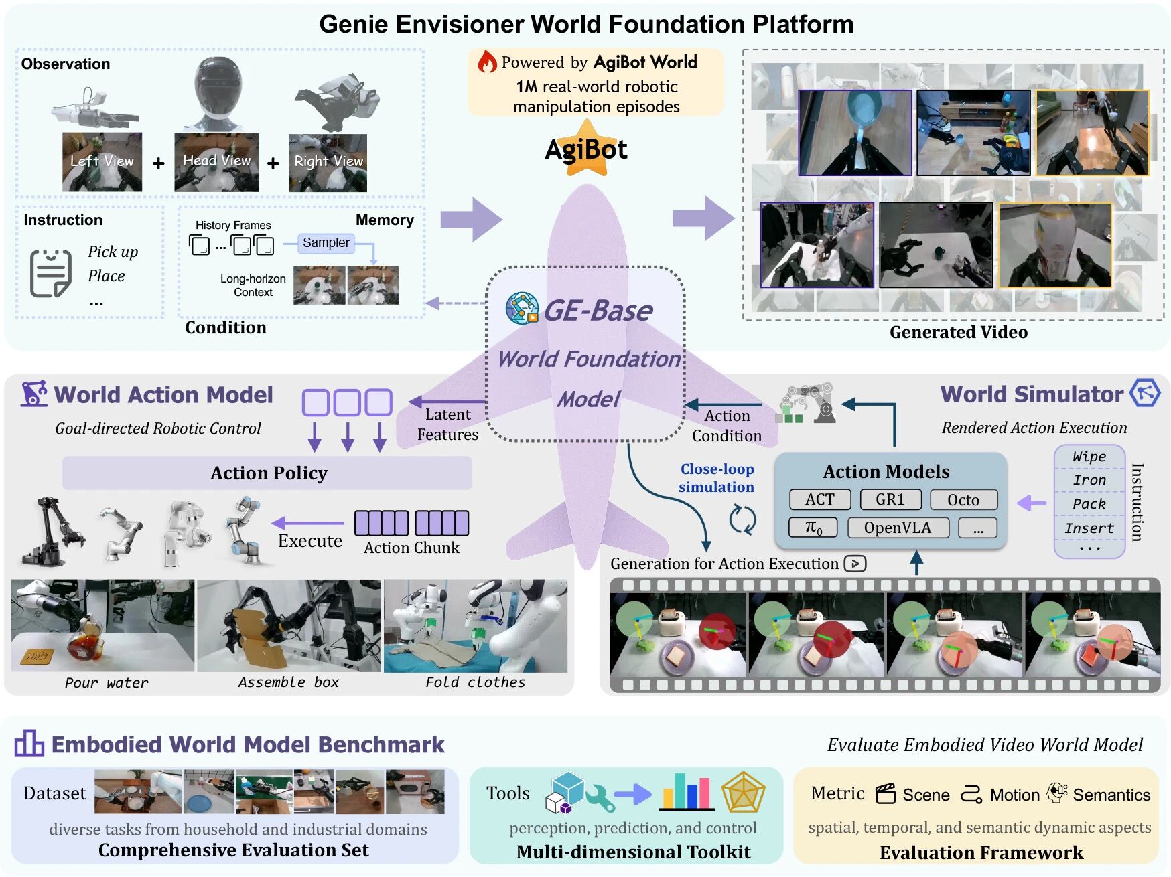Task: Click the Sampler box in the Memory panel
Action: (326, 242)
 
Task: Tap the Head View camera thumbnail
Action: (216, 162)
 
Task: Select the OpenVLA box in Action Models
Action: (898, 528)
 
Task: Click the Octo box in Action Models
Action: (963, 500)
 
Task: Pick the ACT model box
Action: (819, 500)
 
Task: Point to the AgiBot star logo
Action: (586, 149)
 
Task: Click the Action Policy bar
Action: (268, 473)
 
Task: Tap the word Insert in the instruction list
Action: (1089, 528)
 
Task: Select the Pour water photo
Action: (102, 626)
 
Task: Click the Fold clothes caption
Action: (475, 682)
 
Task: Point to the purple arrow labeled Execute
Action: (308, 523)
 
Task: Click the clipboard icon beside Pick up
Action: (50, 272)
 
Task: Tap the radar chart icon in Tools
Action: (743, 793)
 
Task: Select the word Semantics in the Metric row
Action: (1111, 795)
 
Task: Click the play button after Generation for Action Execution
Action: (855, 564)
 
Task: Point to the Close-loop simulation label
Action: (717, 478)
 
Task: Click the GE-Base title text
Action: (598, 311)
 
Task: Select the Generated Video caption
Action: (958, 332)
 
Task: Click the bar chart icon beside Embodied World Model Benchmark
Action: (29, 744)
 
